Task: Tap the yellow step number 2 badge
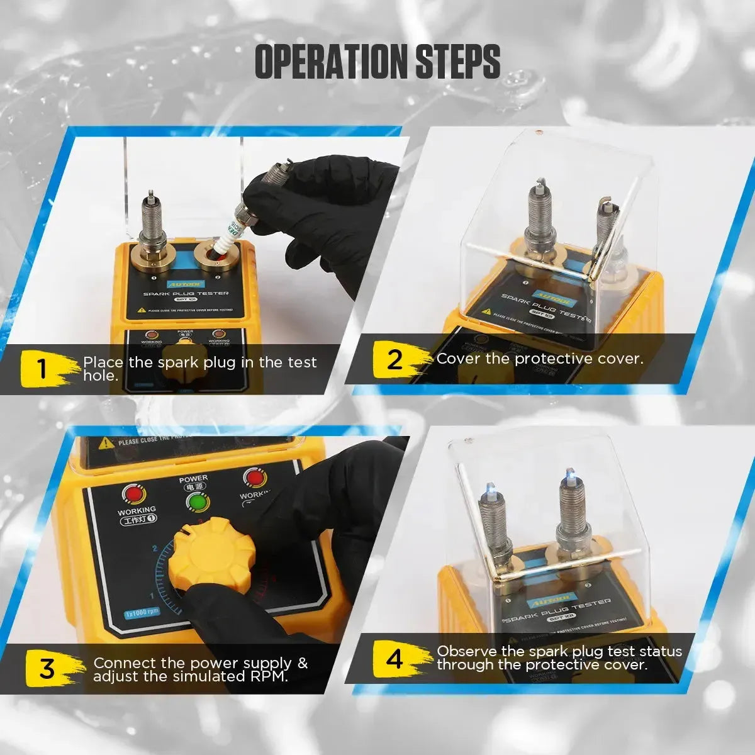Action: point(394,360)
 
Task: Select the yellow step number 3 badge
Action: point(48,668)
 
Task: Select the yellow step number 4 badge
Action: point(394,659)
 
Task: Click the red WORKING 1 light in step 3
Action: point(133,494)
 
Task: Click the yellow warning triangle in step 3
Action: point(106,443)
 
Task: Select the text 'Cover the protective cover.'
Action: point(539,359)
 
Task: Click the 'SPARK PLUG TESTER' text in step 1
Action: point(186,294)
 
